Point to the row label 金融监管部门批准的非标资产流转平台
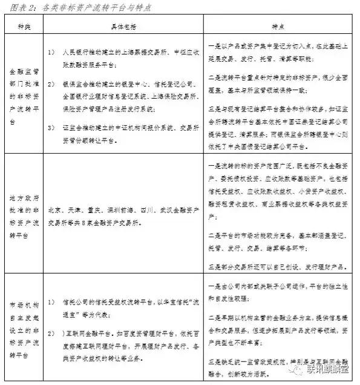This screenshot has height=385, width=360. click(x=24, y=94)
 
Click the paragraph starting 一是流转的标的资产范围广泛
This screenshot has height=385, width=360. click(x=280, y=189)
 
